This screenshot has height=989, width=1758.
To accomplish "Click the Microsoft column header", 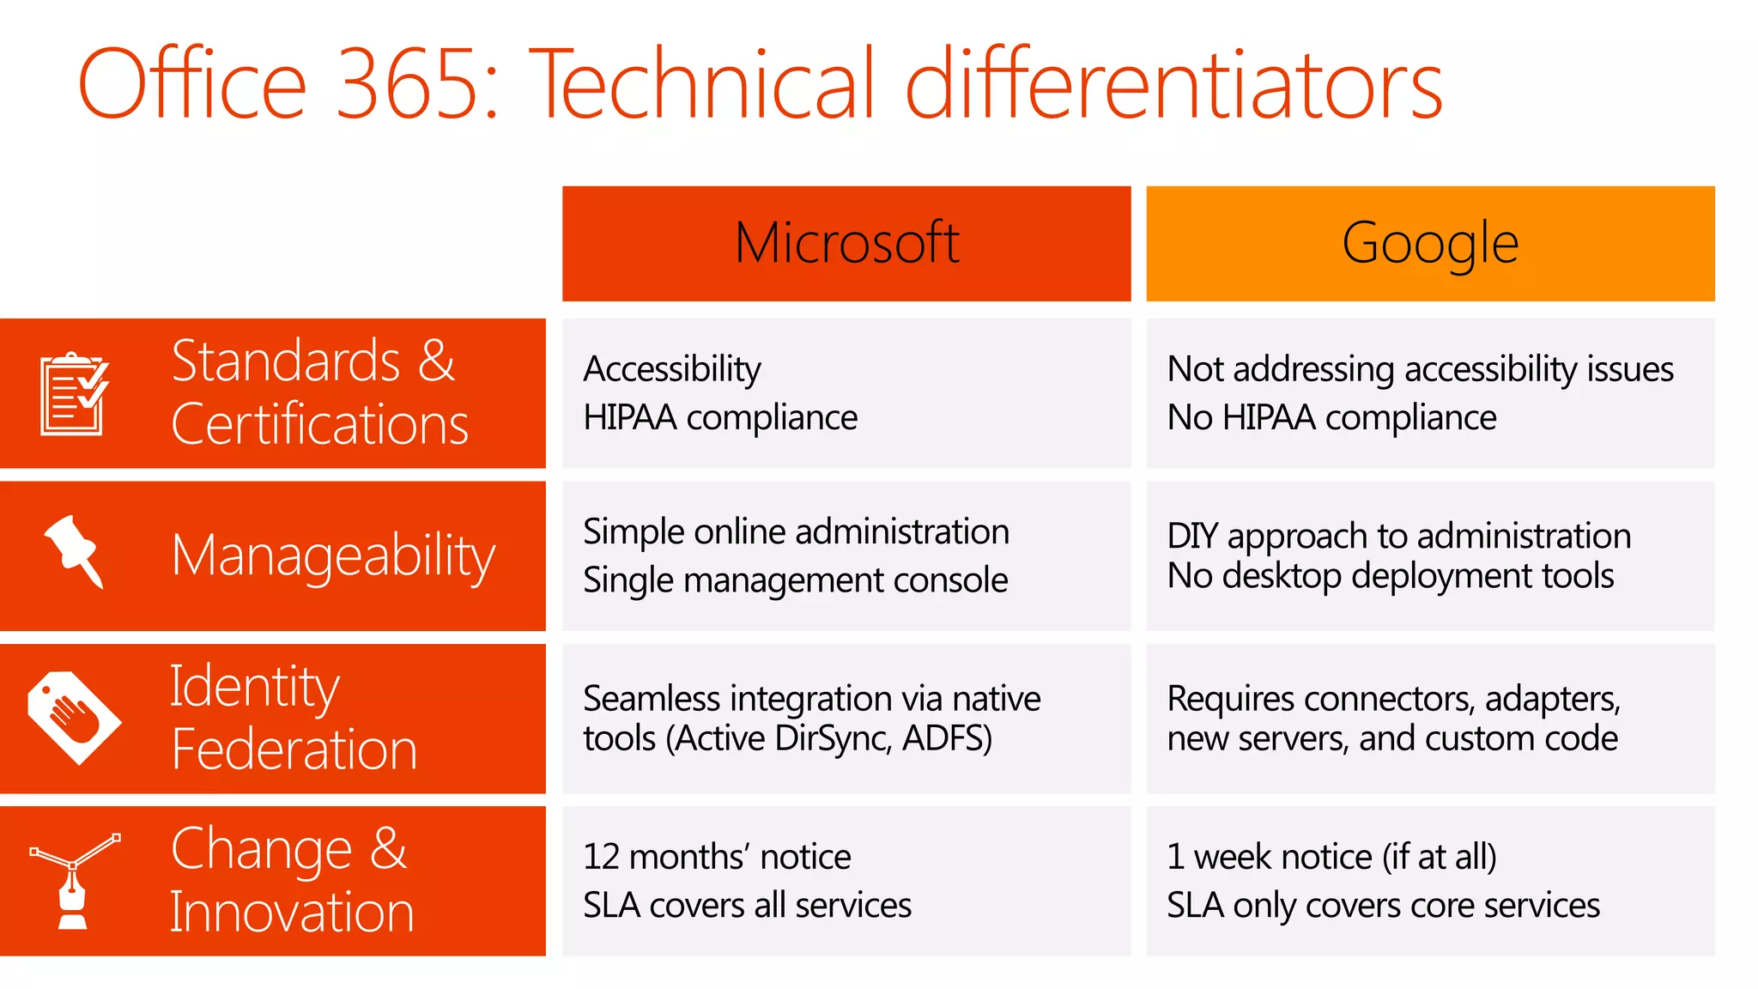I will coord(846,243).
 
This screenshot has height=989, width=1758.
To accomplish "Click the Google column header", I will coord(1430,243).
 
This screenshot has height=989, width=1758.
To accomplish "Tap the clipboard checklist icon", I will coord(74,394).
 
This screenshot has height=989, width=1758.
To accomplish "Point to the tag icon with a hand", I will coord(74,717).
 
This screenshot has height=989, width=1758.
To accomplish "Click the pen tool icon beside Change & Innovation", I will coord(74,879).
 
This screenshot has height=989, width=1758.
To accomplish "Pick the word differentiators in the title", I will coord(1173,84).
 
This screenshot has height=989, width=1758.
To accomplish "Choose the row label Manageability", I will coord(333,556).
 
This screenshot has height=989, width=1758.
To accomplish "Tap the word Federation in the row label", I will coord(294,749).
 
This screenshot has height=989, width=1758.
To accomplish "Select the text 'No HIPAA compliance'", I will coord(1331,418).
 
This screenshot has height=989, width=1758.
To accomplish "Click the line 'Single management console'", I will coord(795,580).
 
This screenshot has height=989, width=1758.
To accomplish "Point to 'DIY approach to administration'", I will coord(1398,536).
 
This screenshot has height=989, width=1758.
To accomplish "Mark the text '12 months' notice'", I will coord(717,857).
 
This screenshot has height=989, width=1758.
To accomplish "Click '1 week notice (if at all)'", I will coord(1331,857).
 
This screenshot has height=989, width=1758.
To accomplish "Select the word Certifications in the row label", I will coord(319,424).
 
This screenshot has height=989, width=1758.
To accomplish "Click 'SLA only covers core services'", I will coord(1383,906).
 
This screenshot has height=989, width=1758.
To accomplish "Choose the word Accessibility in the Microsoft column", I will coord(672,369).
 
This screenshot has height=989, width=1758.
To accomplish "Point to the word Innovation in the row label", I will coord(292,912).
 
